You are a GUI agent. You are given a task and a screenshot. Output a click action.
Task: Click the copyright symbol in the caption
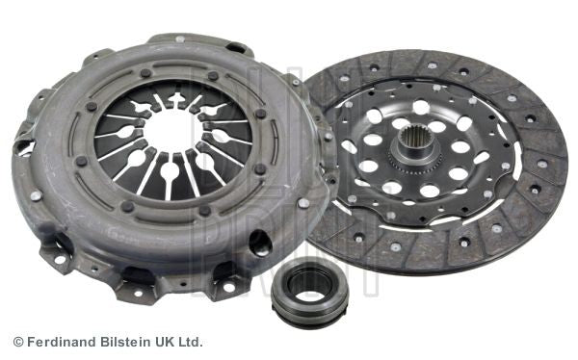[17, 342]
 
